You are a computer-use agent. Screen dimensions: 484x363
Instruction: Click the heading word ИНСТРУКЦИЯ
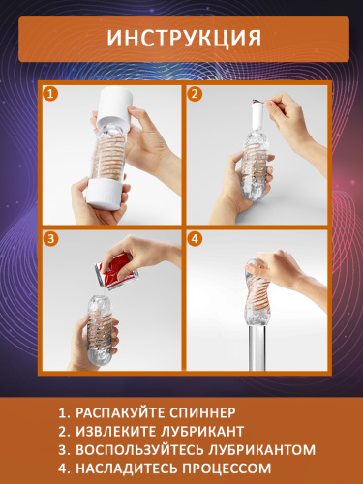point(181,38)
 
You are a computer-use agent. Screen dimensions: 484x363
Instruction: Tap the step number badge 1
point(51,95)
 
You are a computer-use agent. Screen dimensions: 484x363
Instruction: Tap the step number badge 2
point(195,95)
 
